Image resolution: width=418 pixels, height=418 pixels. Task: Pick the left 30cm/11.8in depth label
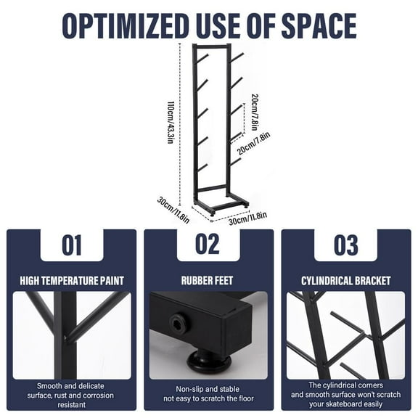(x=174, y=208)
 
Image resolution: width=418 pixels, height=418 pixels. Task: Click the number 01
(x=71, y=245)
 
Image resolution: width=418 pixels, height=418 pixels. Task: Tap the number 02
(x=208, y=245)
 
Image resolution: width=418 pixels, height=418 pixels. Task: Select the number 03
(x=345, y=245)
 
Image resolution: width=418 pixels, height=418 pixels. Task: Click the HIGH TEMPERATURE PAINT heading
(x=71, y=280)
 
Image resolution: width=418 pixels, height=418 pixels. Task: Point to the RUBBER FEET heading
(x=208, y=280)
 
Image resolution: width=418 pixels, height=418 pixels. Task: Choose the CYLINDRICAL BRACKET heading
(x=345, y=280)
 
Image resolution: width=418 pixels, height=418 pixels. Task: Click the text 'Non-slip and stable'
(x=208, y=388)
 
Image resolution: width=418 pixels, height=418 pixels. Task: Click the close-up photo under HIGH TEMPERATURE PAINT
(x=71, y=335)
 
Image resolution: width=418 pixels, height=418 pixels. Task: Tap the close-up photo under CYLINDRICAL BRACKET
(x=345, y=335)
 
